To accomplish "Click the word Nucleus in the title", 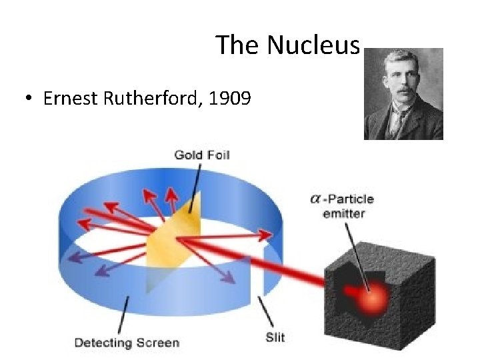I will coord(313,45).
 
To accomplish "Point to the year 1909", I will coord(229,99).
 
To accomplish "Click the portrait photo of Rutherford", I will coord(403,93).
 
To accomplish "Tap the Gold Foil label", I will coord(201,155).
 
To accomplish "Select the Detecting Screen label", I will coord(127,343).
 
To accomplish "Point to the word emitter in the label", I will coord(343,213).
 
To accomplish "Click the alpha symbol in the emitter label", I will coord(317,199).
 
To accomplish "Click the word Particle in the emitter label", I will coord(351,199).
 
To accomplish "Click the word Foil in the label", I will coord(218,155).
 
